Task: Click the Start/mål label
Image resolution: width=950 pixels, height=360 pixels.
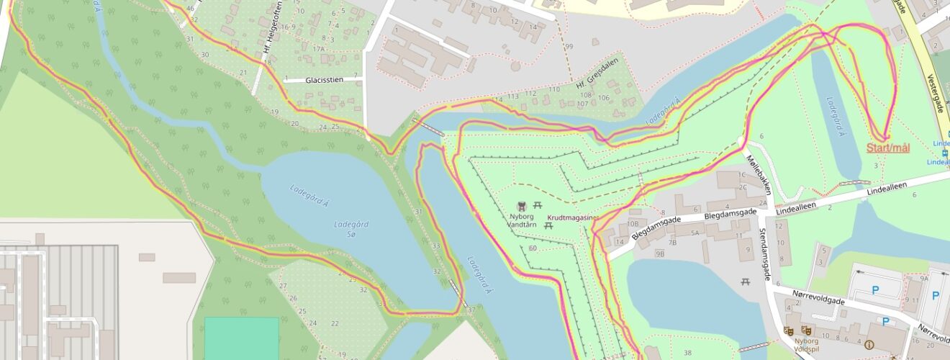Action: tap(888, 148)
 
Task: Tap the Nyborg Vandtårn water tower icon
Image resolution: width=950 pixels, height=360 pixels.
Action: tap(522, 207)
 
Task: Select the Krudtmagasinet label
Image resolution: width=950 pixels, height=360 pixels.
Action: tap(573, 216)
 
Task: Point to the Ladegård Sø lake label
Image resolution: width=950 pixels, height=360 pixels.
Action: tap(353, 228)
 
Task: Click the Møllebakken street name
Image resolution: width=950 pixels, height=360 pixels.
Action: tap(759, 174)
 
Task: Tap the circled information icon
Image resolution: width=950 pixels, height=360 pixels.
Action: tap(869, 345)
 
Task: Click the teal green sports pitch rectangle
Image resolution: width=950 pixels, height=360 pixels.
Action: tap(241, 338)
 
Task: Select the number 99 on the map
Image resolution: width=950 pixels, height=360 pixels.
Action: tap(569, 47)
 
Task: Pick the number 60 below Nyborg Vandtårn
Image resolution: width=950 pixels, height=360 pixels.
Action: tap(533, 248)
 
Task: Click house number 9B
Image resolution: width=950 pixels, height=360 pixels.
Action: tap(659, 253)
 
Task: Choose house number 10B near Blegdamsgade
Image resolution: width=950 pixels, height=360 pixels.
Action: tap(634, 212)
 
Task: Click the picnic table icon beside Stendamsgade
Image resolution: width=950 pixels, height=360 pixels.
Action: tap(746, 282)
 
